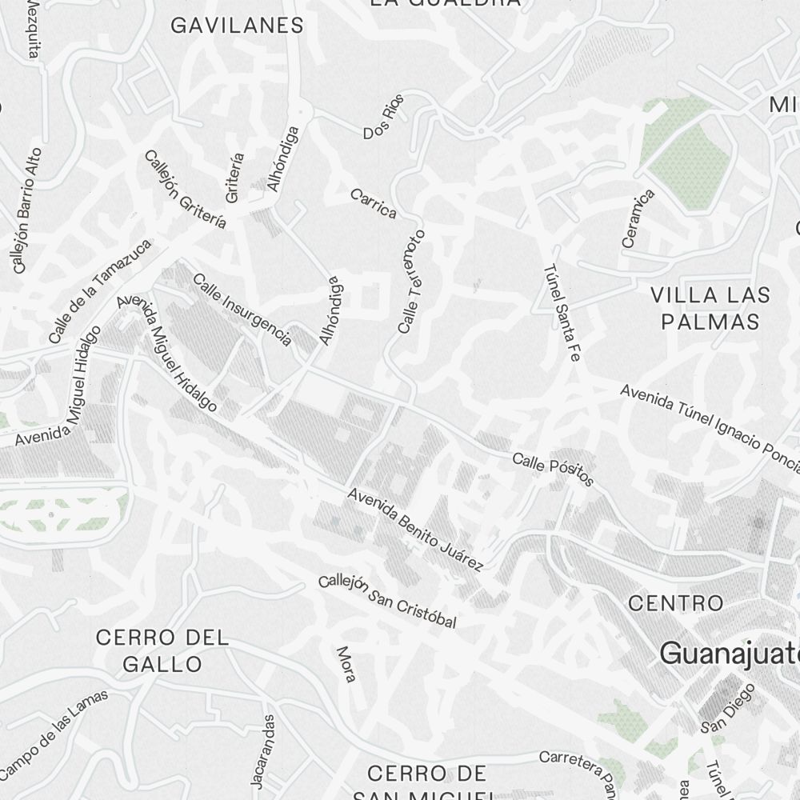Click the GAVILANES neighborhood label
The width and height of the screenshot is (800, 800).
tap(238, 26)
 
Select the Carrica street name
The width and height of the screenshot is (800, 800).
tap(373, 203)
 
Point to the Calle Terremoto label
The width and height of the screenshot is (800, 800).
tap(411, 282)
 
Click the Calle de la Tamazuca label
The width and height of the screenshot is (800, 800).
tap(99, 292)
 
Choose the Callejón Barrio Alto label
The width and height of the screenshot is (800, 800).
tap(26, 210)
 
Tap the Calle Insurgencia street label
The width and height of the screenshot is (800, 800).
tap(242, 310)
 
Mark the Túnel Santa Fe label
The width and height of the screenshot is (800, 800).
tap(561, 312)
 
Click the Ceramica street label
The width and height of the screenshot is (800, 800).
tap(638, 218)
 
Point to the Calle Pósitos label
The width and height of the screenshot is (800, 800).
tap(553, 469)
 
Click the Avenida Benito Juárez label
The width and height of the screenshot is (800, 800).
tap(415, 530)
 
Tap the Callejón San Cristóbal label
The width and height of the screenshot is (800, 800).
tap(387, 601)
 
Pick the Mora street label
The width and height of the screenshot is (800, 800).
tap(346, 664)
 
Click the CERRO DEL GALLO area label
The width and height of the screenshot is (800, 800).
tap(162, 650)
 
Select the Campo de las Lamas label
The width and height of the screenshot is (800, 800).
tap(54, 733)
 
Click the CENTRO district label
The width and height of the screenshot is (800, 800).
tap(676, 602)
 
